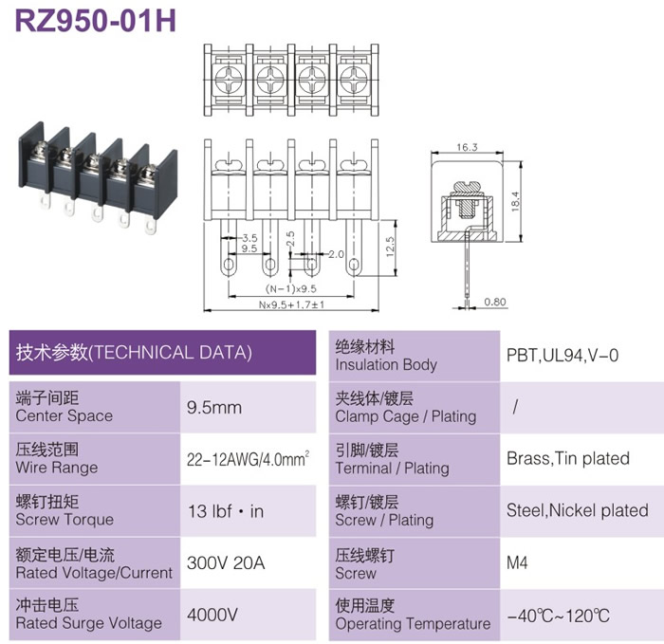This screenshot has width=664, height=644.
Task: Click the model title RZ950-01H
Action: click(95, 21)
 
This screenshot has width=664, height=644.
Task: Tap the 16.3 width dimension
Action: click(467, 147)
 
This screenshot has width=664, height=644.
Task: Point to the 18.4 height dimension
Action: click(515, 201)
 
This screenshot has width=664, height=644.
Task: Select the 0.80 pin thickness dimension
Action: click(495, 302)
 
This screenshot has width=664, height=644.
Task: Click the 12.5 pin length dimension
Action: click(390, 247)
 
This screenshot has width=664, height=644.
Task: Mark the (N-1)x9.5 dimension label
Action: click(291, 288)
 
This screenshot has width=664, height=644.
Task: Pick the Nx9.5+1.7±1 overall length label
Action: click(291, 304)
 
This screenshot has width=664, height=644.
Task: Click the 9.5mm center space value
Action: click(214, 407)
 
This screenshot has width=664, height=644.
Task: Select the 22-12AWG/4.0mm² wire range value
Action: click(249, 459)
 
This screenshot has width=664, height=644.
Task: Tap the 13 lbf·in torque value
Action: click(226, 511)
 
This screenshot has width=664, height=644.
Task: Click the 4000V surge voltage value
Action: click(212, 615)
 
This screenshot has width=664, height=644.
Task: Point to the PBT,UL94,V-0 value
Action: click(563, 356)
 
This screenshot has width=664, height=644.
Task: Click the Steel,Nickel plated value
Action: click(577, 510)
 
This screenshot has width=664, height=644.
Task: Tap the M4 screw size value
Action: click(517, 562)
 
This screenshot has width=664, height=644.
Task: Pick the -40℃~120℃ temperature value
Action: click(558, 616)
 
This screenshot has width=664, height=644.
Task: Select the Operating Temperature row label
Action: click(413, 623)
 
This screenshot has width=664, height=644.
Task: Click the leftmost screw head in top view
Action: click(229, 80)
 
